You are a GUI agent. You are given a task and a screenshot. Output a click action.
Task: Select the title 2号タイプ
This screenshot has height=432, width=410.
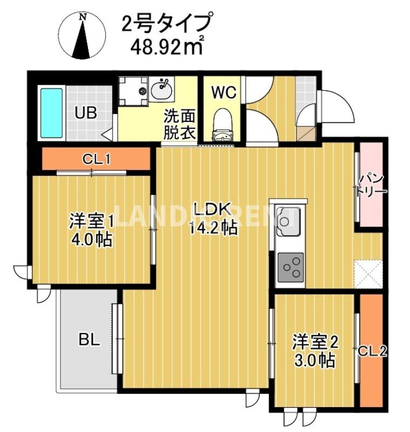(x=165, y=23)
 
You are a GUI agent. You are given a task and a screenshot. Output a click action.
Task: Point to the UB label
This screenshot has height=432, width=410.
(x=86, y=113)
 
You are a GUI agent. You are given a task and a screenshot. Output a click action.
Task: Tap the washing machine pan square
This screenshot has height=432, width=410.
(x=133, y=91)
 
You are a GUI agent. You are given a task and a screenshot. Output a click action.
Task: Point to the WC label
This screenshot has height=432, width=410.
(x=223, y=92)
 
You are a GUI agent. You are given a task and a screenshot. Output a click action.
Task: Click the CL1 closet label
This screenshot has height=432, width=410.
(x=96, y=159)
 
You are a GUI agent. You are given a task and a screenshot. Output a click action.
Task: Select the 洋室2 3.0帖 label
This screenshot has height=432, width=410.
(x=315, y=351)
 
